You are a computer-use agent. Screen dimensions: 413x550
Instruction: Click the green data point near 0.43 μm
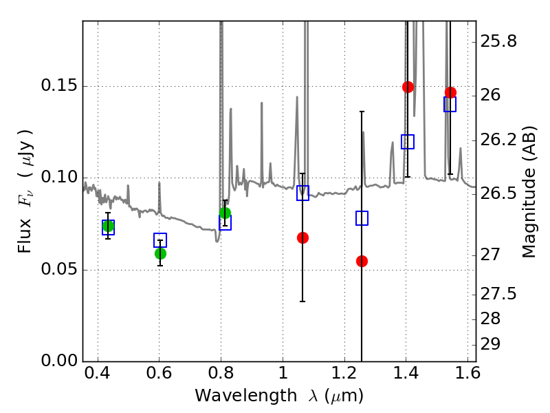pyautogui.click(x=108, y=226)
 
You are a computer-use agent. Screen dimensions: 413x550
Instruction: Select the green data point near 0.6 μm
pyautogui.click(x=160, y=253)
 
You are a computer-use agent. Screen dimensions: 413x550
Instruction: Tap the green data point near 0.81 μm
pyautogui.click(x=225, y=213)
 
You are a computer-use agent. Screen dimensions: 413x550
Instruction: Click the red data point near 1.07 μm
pyautogui.click(x=302, y=237)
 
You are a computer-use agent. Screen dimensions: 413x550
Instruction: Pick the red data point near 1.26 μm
pyautogui.click(x=362, y=261)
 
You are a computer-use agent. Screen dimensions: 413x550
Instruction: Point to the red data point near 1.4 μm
pyautogui.click(x=408, y=87)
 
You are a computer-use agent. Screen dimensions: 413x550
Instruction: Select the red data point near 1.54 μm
pyautogui.click(x=450, y=92)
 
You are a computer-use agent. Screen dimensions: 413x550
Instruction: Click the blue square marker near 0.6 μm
pyautogui.click(x=160, y=240)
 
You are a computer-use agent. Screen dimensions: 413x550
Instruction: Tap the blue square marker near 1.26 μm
pyautogui.click(x=362, y=218)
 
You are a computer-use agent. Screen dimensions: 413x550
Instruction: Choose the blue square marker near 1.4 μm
pyautogui.click(x=408, y=142)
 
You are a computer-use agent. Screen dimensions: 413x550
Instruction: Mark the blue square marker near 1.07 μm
pyautogui.click(x=302, y=193)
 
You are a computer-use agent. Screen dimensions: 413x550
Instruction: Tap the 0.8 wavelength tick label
pyautogui.click(x=221, y=377)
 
